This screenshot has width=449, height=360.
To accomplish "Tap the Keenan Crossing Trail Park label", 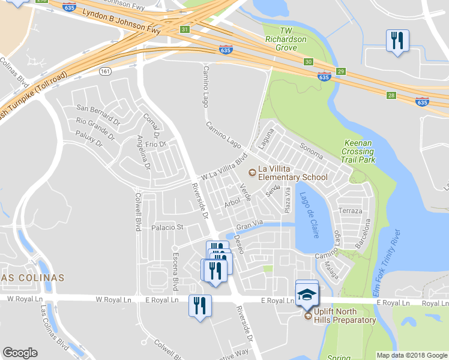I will pos(358,152).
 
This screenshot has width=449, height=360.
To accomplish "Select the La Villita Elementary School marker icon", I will pos(252,172).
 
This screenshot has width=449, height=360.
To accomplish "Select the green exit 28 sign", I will pos(391,95).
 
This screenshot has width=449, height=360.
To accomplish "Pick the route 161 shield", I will pos(106,71).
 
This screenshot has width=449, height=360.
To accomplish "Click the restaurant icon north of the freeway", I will pos(397,41).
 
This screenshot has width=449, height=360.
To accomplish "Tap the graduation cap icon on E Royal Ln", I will pos(307,295).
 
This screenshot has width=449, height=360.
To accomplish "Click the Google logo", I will pos(20,353).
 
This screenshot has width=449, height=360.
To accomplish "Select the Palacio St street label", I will pos(167,227).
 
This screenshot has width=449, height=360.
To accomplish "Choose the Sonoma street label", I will pos(311,151).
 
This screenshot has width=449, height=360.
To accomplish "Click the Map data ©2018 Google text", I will pos(411,355).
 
